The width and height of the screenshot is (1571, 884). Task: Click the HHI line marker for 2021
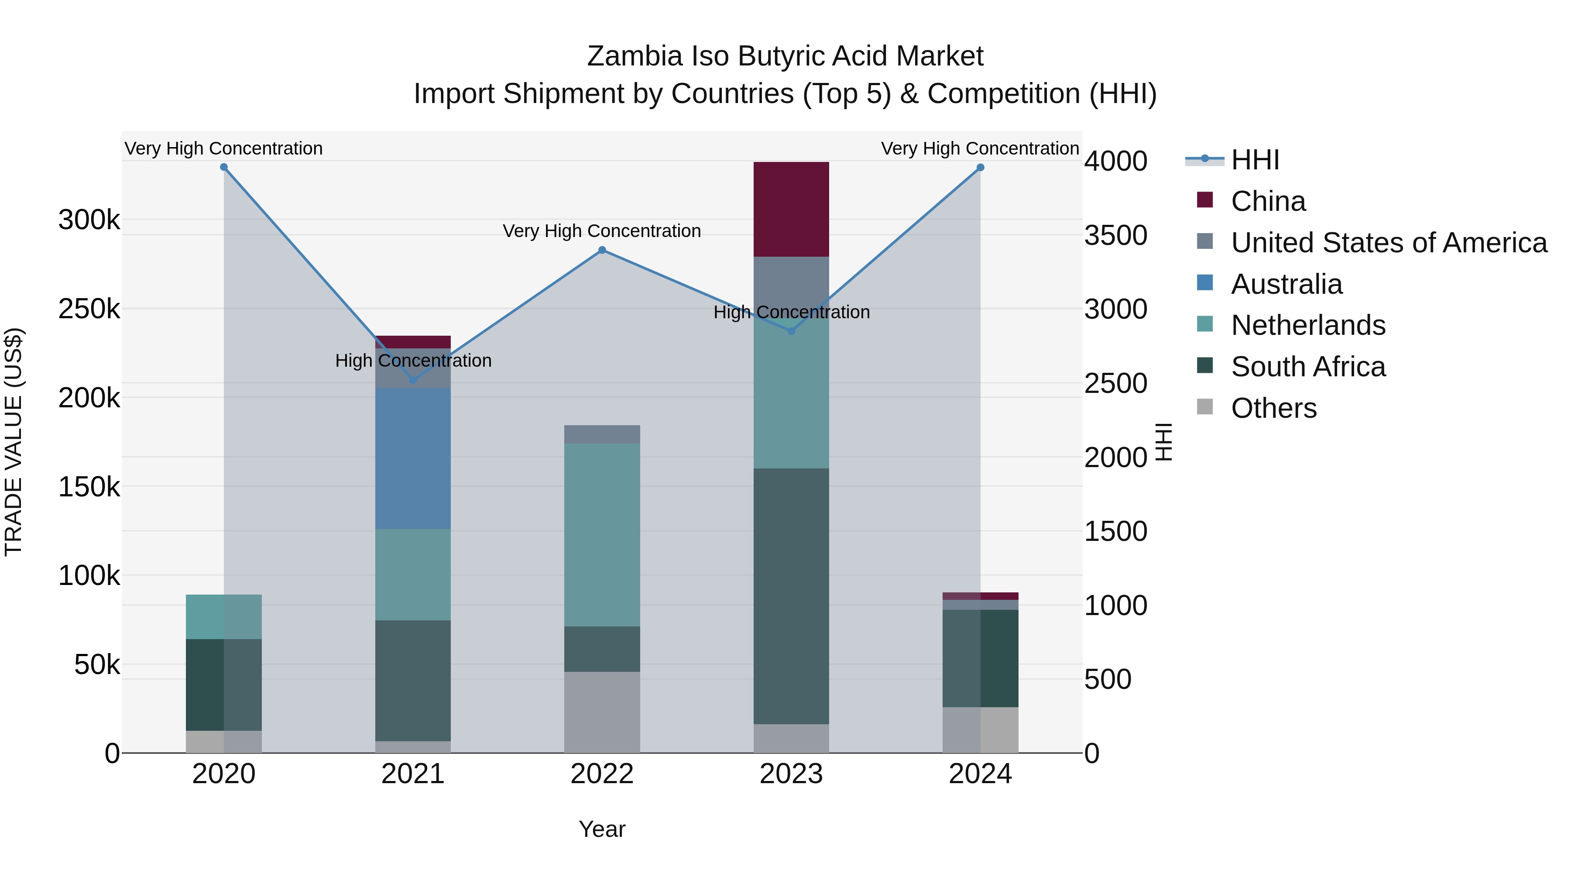tap(413, 380)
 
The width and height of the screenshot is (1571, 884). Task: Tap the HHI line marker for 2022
tap(602, 250)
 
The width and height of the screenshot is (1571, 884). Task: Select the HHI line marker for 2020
tap(224, 167)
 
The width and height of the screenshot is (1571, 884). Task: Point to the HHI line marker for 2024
tap(980, 168)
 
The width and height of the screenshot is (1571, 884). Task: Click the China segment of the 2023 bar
tap(791, 209)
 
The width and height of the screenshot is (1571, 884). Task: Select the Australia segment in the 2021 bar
tap(413, 458)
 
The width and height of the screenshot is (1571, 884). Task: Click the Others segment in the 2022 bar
tap(602, 712)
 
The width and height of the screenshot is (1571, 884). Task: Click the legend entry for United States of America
tap(1389, 243)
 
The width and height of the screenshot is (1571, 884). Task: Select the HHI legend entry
tap(1255, 160)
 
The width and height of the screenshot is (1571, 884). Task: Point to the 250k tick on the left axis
tap(89, 309)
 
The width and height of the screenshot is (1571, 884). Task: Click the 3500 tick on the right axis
tap(1115, 235)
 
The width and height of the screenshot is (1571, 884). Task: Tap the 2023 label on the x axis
tap(791, 774)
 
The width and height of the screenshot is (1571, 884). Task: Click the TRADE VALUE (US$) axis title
tap(14, 442)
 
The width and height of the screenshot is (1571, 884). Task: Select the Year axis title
tap(602, 829)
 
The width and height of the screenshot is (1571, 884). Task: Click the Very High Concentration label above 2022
tap(602, 231)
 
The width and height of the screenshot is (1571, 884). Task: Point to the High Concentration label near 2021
tap(413, 361)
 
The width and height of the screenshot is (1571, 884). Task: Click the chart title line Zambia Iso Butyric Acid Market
tap(785, 56)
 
